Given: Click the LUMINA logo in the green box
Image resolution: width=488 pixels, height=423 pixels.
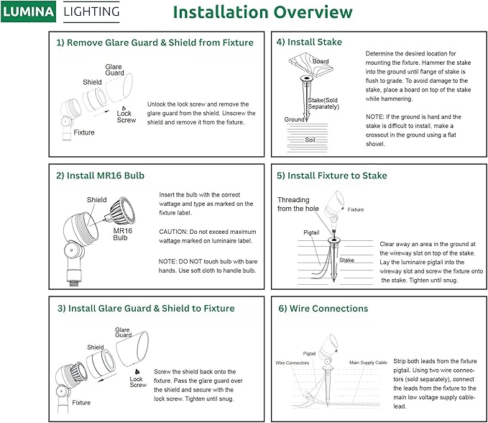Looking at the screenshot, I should click(29, 12).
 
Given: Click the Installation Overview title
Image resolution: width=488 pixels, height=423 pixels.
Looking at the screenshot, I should click(262, 12).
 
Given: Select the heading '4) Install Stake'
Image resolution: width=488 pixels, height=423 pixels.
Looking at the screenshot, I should click(309, 42).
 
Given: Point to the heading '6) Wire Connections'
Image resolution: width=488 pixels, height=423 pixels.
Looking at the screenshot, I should click(323, 309).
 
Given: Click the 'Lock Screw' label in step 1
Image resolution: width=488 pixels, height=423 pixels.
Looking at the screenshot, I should click(126, 117).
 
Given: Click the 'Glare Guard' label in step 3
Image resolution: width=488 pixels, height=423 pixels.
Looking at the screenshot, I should click(123, 332).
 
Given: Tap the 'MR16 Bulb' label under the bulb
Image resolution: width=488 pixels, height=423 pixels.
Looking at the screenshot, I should click(121, 235).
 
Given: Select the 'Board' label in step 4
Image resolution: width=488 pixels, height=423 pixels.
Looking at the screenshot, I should click(321, 62).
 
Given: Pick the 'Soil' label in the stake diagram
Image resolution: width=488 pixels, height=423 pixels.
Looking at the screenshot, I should click(310, 140).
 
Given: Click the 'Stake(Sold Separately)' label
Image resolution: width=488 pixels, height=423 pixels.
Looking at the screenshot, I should click(323, 104).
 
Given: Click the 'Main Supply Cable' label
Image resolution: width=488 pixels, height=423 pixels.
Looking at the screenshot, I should click(368, 363).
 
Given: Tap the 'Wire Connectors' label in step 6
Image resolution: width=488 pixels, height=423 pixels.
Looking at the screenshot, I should click(293, 363).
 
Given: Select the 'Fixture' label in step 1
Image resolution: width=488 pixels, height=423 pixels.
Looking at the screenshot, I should click(84, 132).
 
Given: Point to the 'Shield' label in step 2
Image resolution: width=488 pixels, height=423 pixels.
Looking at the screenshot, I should click(97, 200).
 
